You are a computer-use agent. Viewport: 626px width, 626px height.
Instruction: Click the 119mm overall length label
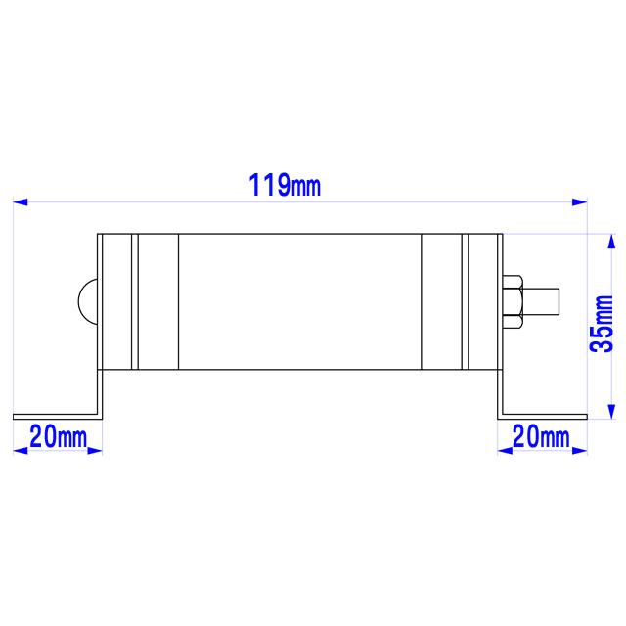(x=285, y=184)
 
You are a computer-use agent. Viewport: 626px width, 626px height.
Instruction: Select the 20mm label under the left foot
(x=58, y=436)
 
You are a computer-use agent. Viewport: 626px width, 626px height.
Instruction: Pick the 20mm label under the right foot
(x=541, y=436)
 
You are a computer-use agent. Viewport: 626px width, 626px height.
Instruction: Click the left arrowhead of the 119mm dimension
(x=21, y=202)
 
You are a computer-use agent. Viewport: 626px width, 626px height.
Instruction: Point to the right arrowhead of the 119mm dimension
(x=579, y=202)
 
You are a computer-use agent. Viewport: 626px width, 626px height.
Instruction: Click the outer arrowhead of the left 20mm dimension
(x=20, y=450)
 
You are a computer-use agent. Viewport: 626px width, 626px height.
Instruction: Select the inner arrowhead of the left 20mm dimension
(x=95, y=450)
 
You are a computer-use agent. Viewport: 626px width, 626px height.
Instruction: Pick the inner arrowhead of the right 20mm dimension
(x=506, y=450)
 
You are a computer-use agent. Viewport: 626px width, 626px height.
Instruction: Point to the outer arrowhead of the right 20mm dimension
(x=580, y=450)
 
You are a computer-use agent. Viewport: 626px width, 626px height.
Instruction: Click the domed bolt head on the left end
(x=88, y=299)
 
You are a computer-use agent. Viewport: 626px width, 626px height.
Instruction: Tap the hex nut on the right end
(x=513, y=299)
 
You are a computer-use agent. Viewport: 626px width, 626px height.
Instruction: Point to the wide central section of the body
(x=299, y=301)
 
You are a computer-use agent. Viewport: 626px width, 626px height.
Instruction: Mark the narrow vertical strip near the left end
(x=136, y=301)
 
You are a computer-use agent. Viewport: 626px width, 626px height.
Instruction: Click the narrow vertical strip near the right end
(x=465, y=301)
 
